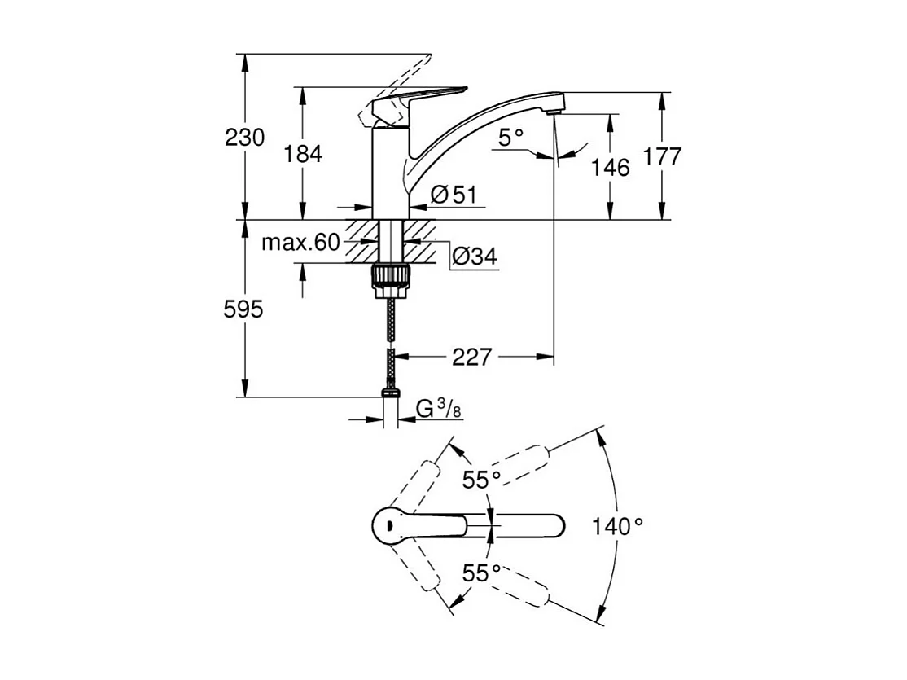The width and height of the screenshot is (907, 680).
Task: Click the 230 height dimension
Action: coord(245,138)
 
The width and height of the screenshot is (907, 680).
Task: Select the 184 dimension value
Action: coord(304,153)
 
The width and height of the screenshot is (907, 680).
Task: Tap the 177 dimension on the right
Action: coord(662,156)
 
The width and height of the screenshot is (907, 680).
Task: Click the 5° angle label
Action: coord(511,138)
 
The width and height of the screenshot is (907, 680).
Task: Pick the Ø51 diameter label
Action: coord(453,194)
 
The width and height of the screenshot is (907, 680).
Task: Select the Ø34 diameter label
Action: coord(473,257)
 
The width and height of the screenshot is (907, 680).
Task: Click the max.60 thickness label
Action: coord(300,243)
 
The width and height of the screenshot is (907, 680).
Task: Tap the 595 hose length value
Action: coord(245,309)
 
